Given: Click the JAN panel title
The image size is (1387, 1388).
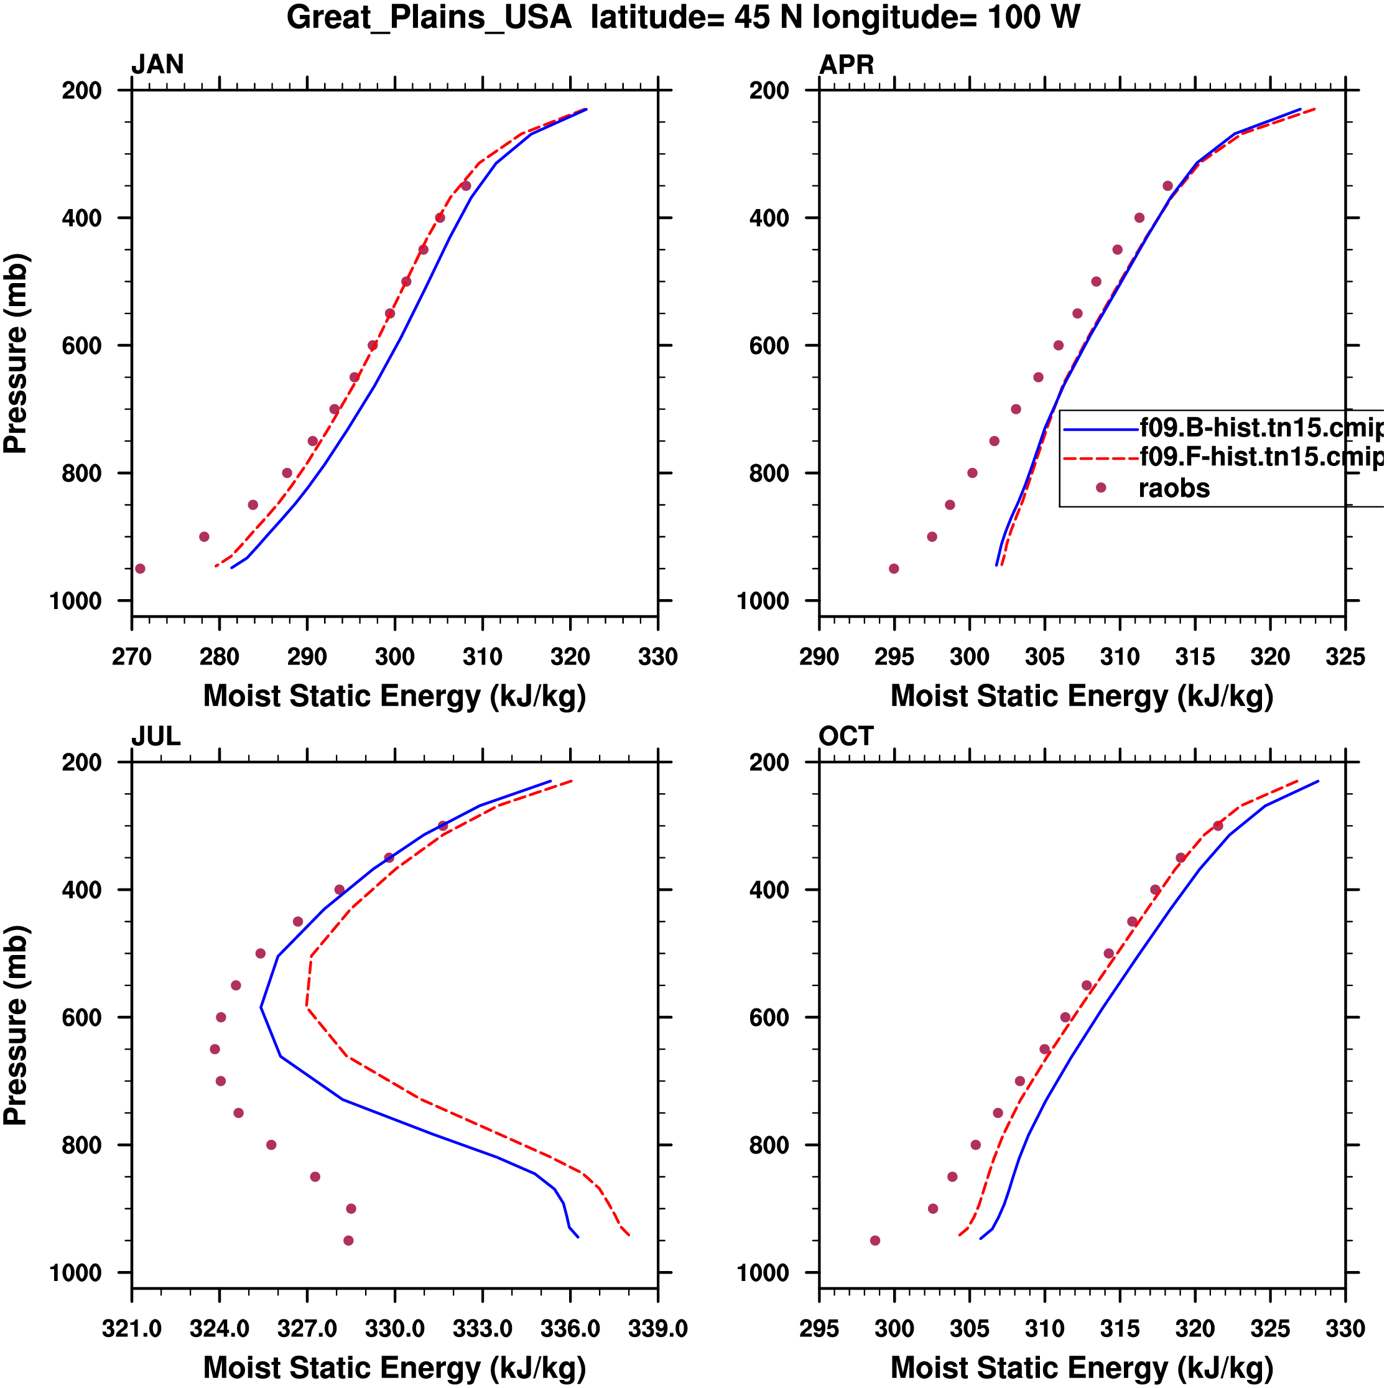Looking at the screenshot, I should pyautogui.click(x=157, y=65).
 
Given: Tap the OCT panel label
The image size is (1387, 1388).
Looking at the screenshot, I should pyautogui.click(x=845, y=737).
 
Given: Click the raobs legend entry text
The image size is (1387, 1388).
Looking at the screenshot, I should pyautogui.click(x=1174, y=488).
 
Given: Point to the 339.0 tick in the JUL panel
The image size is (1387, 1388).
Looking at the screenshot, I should pyautogui.click(x=657, y=1329).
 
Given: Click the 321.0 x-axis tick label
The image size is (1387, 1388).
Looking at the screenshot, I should pyautogui.click(x=131, y=1329).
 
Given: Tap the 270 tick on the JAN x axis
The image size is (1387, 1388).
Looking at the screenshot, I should pyautogui.click(x=131, y=656).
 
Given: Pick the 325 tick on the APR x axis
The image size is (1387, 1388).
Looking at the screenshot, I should pyautogui.click(x=1345, y=656).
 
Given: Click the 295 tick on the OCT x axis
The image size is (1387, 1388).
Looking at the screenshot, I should pyautogui.click(x=819, y=1329).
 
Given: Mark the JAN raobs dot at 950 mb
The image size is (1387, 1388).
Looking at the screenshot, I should pyautogui.click(x=140, y=569).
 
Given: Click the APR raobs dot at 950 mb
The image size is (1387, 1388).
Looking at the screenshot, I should pyautogui.click(x=894, y=569).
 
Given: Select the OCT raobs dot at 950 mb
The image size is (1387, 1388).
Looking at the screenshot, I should pyautogui.click(x=875, y=1241).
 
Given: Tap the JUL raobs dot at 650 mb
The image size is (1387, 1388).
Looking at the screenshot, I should pyautogui.click(x=215, y=1050).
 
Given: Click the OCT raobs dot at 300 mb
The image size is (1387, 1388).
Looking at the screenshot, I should pyautogui.click(x=1217, y=826).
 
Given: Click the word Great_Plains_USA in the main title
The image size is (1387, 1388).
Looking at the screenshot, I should pyautogui.click(x=429, y=17).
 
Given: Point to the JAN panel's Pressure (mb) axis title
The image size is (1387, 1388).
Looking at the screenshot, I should pyautogui.click(x=16, y=353).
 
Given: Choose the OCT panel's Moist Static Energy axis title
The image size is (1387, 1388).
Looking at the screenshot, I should pyautogui.click(x=1082, y=1368).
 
